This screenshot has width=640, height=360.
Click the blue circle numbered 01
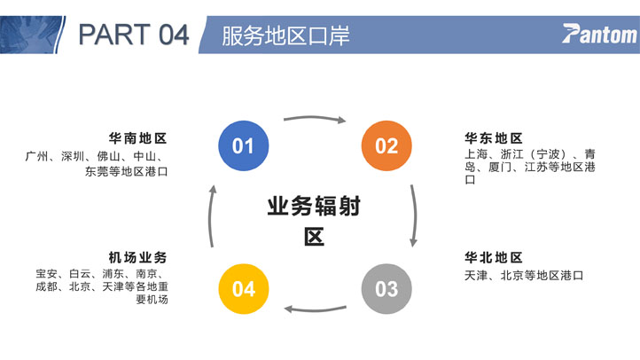[244, 145]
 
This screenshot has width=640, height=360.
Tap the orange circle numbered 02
[386, 145]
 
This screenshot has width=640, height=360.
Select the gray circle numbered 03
[386, 289]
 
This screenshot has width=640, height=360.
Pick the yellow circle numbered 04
[244, 289]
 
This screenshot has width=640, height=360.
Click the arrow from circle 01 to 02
[315, 118]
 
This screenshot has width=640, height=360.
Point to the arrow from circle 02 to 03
[415, 215]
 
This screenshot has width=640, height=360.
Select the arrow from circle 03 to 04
[315, 309]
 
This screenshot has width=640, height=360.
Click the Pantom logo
[599, 34]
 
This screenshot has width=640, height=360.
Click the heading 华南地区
[138, 138]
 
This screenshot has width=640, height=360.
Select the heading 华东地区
[494, 138]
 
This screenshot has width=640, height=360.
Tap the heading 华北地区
[494, 257]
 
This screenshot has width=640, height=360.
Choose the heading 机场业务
[138, 257]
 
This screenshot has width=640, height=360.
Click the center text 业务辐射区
[314, 221]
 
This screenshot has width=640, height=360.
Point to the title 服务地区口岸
[285, 35]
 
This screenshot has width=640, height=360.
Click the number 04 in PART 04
[174, 35]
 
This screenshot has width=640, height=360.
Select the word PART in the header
[114, 35]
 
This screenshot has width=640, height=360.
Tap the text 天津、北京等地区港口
[524, 276]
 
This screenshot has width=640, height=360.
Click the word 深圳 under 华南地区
[73, 156]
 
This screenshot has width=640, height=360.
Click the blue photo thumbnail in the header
[32, 35]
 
